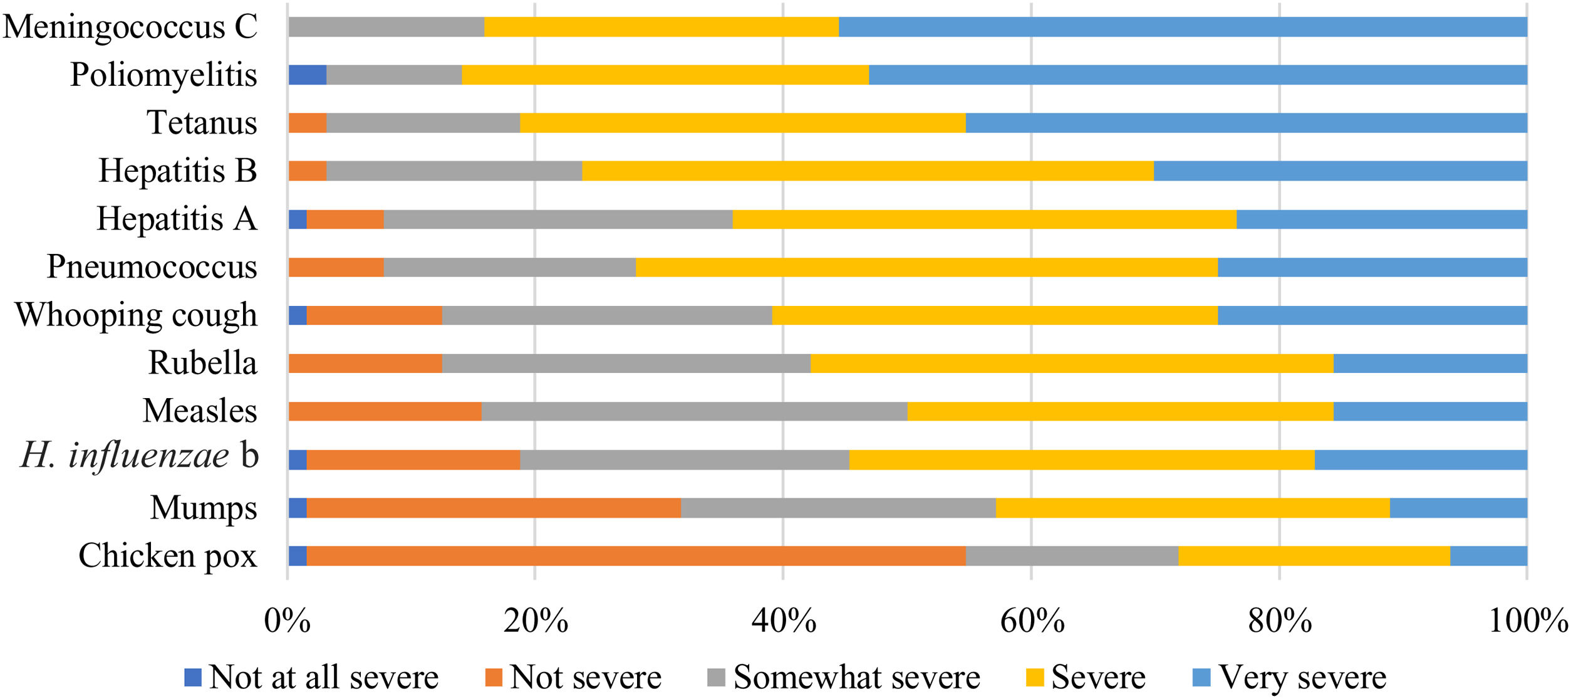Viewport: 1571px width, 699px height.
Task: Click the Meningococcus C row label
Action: click(x=130, y=27)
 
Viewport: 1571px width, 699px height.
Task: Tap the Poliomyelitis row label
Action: click(x=163, y=75)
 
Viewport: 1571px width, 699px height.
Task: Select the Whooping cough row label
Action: click(x=136, y=315)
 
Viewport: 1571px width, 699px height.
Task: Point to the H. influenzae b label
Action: click(x=140, y=456)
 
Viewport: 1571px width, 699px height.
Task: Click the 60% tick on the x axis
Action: click(x=1032, y=621)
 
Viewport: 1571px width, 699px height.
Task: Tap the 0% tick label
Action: click(x=288, y=621)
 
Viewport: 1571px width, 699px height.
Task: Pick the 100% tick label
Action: click(x=1527, y=621)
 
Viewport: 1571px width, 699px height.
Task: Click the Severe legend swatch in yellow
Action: click(x=1035, y=678)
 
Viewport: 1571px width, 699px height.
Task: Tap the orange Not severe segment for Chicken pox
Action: click(x=636, y=556)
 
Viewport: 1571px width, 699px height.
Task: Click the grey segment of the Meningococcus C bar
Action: click(x=386, y=27)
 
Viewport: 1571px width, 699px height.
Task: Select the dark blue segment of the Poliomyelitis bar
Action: click(x=308, y=75)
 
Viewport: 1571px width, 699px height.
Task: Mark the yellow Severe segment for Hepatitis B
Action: click(x=868, y=171)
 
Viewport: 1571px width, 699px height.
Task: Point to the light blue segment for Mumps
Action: click(x=1458, y=508)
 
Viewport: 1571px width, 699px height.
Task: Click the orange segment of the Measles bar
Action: click(x=385, y=412)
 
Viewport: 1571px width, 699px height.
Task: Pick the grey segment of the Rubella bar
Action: click(x=626, y=364)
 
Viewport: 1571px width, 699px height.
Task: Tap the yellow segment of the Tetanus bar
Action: click(x=742, y=123)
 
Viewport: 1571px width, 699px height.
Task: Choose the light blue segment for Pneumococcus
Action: click(x=1372, y=267)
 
